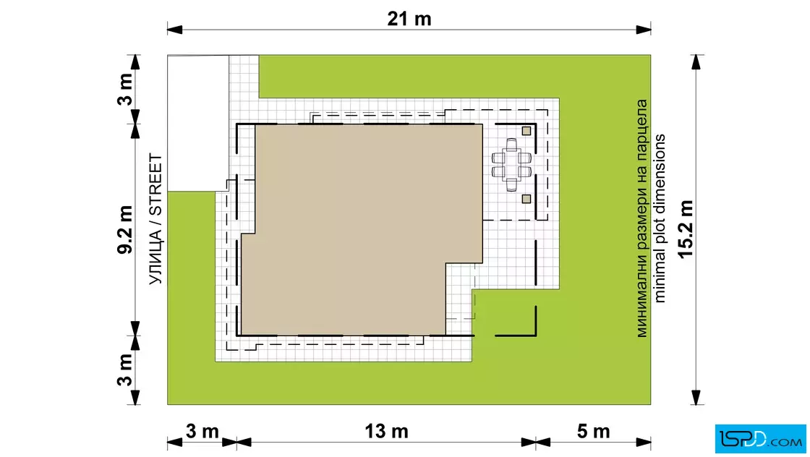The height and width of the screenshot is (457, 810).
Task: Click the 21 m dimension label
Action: (x=409, y=19)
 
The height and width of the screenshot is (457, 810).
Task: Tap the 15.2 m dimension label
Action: (x=686, y=229)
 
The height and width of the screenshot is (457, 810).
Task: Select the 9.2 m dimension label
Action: (x=126, y=230)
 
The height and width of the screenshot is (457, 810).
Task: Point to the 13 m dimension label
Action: (x=386, y=431)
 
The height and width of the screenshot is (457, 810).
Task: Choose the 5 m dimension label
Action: (x=593, y=431)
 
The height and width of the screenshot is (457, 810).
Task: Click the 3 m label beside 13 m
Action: (x=202, y=431)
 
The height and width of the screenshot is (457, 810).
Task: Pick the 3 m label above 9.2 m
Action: (x=126, y=89)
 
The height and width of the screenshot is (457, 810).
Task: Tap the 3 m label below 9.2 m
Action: (x=126, y=370)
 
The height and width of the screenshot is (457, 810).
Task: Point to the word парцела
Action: (x=641, y=126)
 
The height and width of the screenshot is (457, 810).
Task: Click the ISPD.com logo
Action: (x=760, y=439)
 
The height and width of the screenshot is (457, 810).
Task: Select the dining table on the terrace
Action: (x=511, y=165)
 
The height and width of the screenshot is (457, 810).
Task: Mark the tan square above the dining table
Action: (x=526, y=131)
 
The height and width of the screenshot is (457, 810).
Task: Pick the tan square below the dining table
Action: (x=526, y=199)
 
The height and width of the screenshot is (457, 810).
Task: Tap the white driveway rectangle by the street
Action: (x=198, y=123)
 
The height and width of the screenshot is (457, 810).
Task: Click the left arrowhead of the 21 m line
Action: (x=174, y=30)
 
